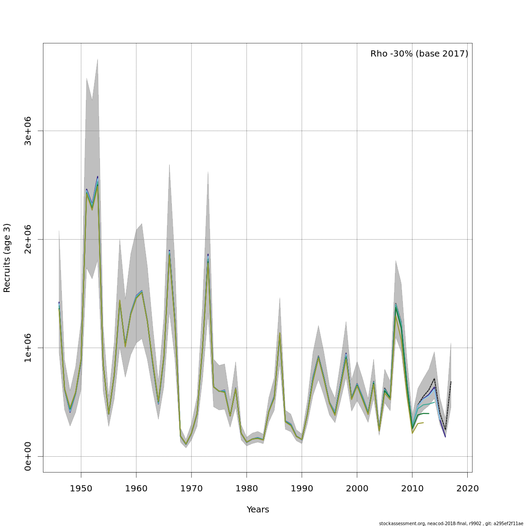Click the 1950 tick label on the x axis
click(81, 488)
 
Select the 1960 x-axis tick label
click(136, 488)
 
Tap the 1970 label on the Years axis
click(192, 488)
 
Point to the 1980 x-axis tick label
click(247, 488)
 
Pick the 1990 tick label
click(302, 488)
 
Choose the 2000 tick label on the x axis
click(357, 488)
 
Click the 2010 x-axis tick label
click(412, 488)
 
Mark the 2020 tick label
click(468, 488)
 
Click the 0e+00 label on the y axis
click(28, 456)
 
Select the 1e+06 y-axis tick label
click(28, 348)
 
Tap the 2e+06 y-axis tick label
click(28, 239)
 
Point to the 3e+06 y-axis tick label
click(28, 131)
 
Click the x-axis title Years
click(258, 510)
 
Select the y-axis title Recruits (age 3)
click(7, 258)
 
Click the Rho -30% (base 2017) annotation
click(419, 54)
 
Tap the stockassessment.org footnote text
click(451, 523)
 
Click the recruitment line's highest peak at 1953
click(97, 178)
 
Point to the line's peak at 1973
click(208, 255)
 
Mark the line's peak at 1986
click(280, 333)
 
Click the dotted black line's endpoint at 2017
click(451, 382)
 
